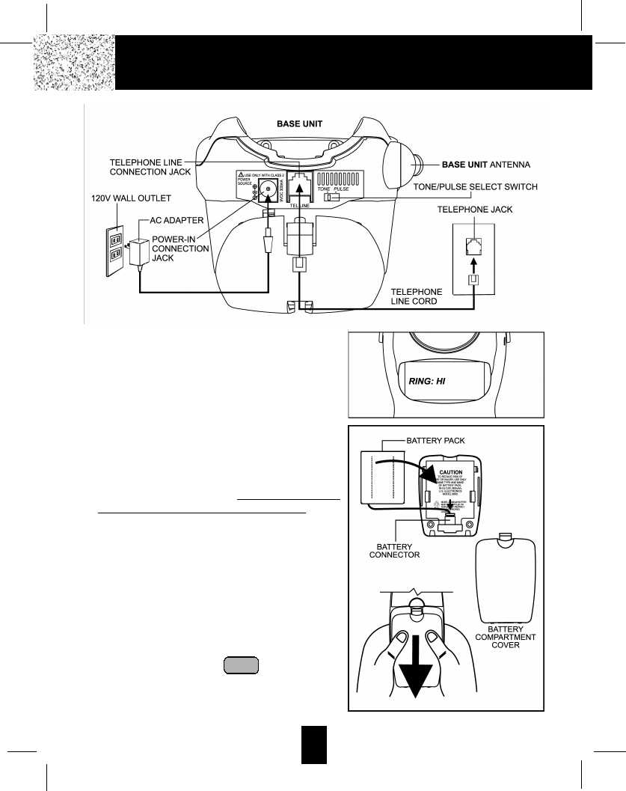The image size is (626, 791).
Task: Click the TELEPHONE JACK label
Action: [475, 210]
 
